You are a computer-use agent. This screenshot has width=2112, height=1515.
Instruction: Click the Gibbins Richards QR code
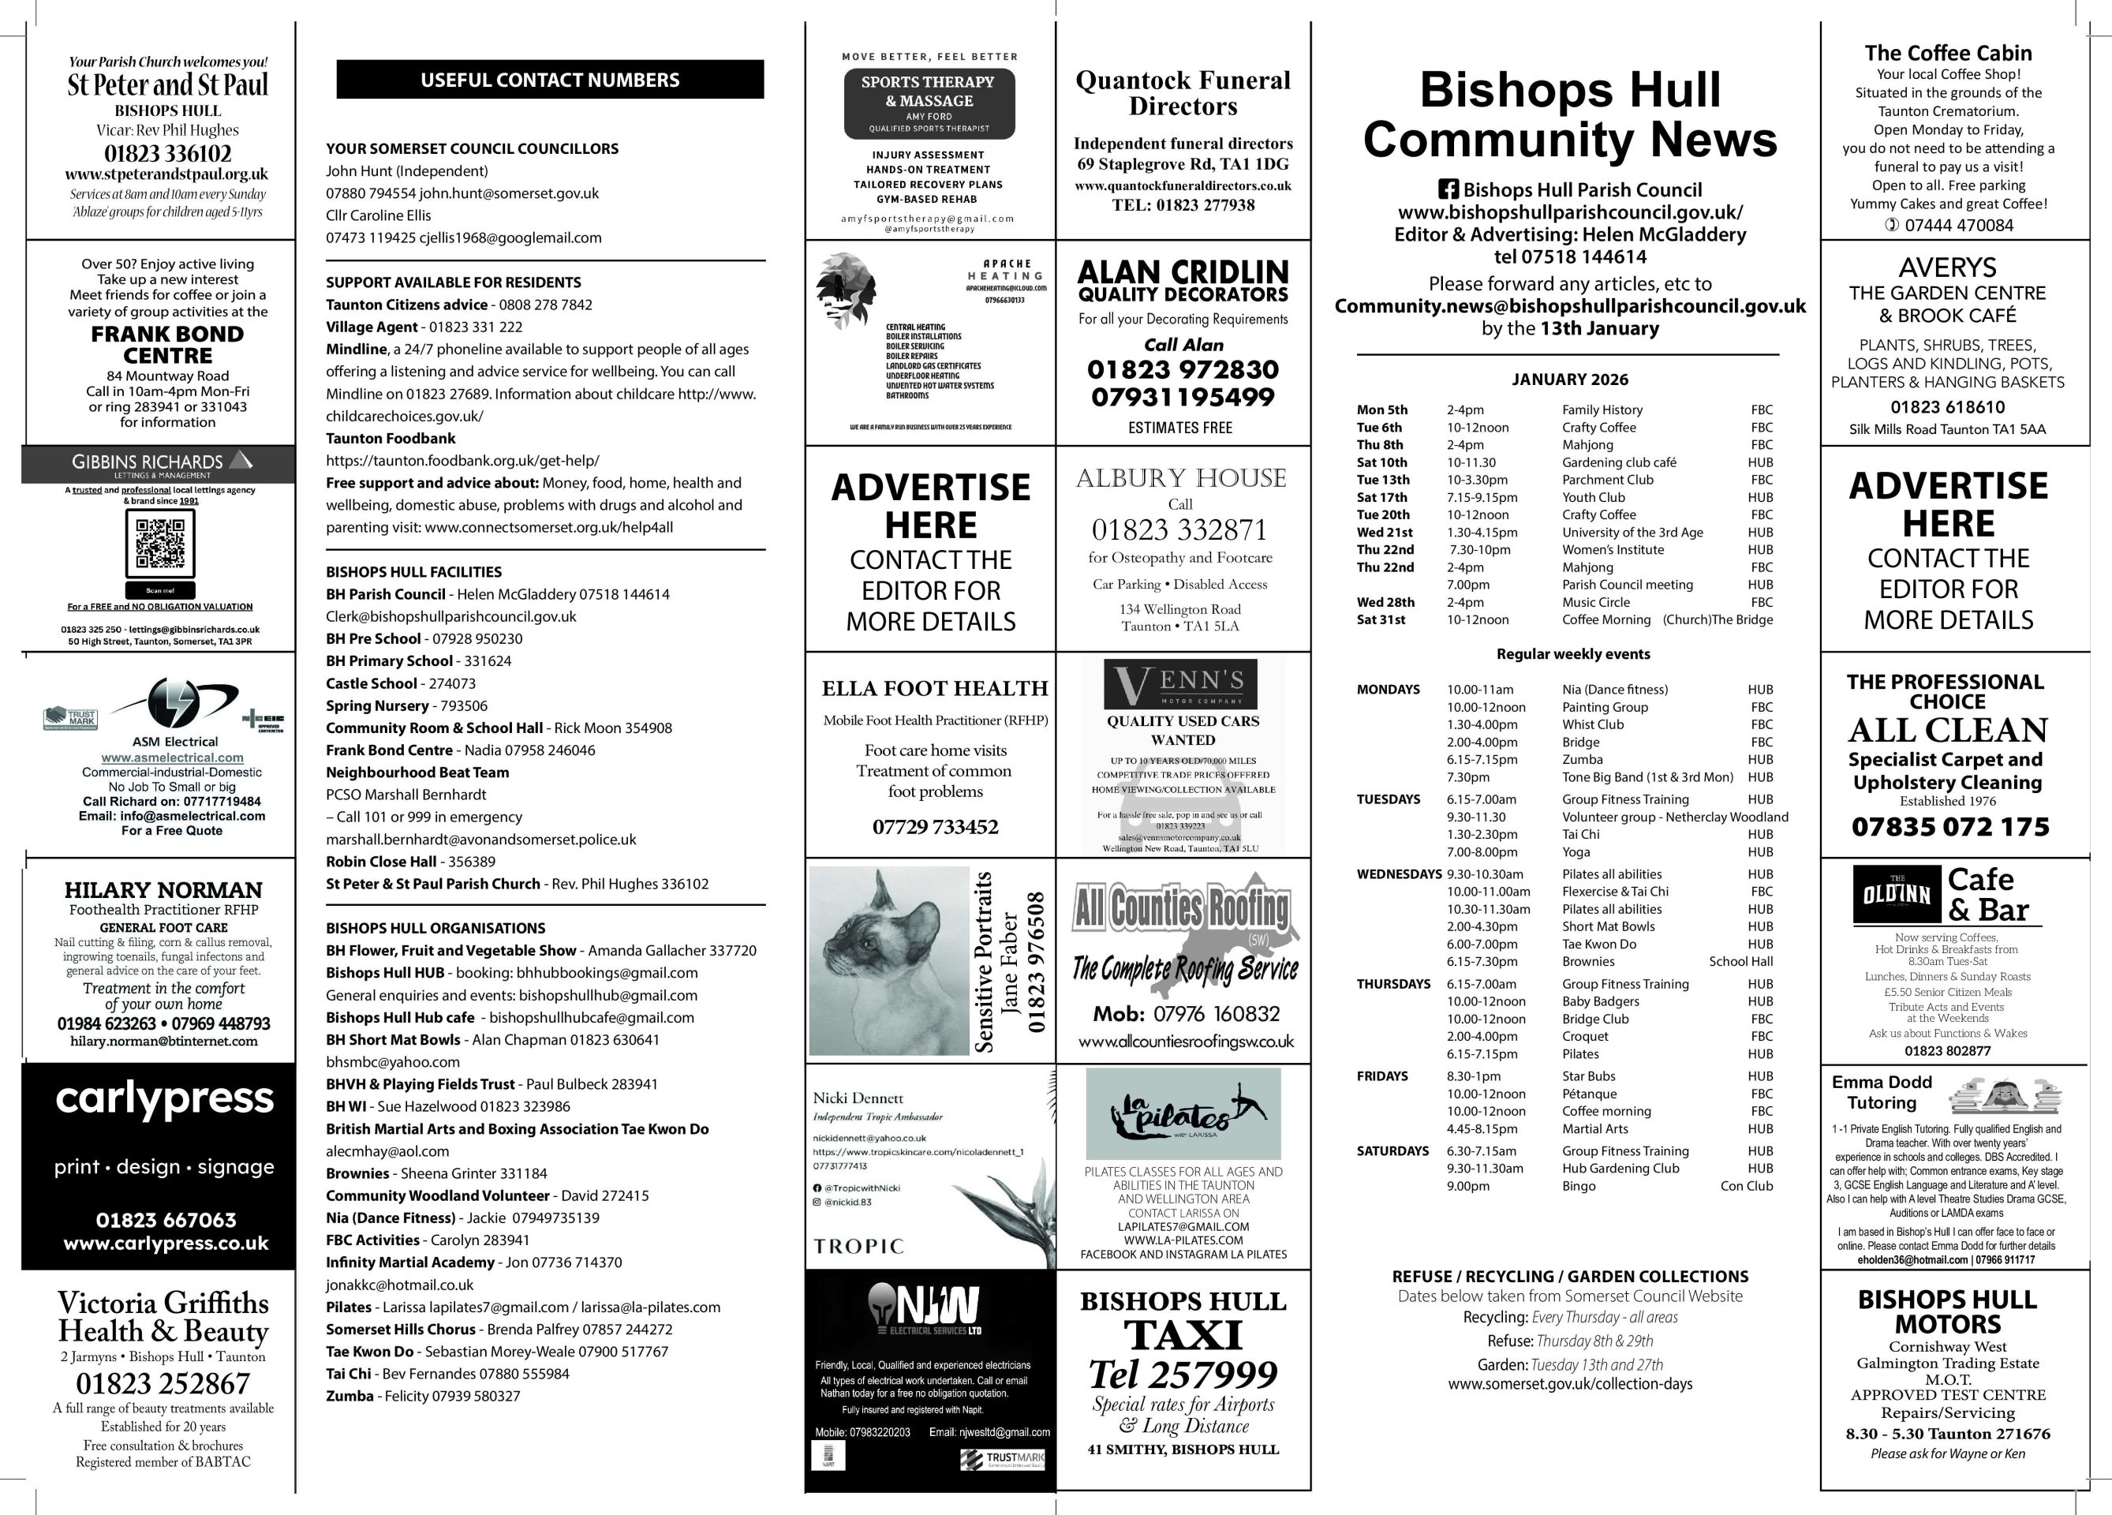click(x=160, y=544)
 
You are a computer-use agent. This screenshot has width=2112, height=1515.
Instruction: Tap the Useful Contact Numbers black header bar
click(x=549, y=80)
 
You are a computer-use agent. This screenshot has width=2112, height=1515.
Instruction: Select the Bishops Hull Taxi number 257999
click(x=1183, y=1375)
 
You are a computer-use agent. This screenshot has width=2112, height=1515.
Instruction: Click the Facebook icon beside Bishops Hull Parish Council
click(x=1449, y=190)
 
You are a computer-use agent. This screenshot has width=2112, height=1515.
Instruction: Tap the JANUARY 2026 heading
click(x=1570, y=379)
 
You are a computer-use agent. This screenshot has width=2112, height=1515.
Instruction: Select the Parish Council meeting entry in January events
click(x=1627, y=585)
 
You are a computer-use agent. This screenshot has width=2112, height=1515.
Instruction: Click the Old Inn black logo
click(x=1896, y=894)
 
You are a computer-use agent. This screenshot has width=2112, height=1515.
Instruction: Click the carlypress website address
click(x=166, y=1243)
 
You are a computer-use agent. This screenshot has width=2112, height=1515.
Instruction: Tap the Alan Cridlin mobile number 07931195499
click(x=1183, y=398)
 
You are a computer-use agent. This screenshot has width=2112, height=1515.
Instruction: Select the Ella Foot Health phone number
click(x=935, y=827)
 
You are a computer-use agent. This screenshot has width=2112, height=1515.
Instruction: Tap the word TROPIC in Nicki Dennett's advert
click(x=858, y=1246)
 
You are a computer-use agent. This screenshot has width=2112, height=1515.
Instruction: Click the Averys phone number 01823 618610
click(x=1947, y=407)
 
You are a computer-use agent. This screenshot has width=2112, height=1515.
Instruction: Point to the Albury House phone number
click(x=1179, y=529)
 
